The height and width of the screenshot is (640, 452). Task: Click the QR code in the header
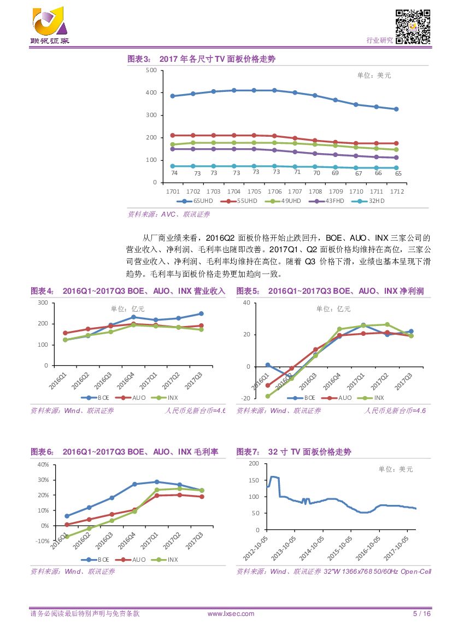pyautogui.click(x=413, y=27)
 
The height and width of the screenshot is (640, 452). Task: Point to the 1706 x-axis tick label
pyautogui.click(x=274, y=191)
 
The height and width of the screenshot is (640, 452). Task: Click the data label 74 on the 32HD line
pyautogui.click(x=174, y=173)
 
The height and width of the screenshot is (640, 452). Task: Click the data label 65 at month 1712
pyautogui.click(x=398, y=173)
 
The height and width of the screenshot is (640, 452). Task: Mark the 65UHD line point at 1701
pyautogui.click(x=173, y=96)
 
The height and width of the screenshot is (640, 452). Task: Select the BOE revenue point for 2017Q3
pyautogui.click(x=201, y=313)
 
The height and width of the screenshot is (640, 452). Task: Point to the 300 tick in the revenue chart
pyautogui.click(x=43, y=302)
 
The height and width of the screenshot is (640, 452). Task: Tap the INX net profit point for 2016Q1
pyautogui.click(x=268, y=396)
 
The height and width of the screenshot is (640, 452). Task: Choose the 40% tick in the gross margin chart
pyautogui.click(x=42, y=464)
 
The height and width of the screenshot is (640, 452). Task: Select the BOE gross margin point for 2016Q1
pyautogui.click(x=67, y=516)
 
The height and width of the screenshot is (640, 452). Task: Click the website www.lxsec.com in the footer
pyautogui.click(x=231, y=614)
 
